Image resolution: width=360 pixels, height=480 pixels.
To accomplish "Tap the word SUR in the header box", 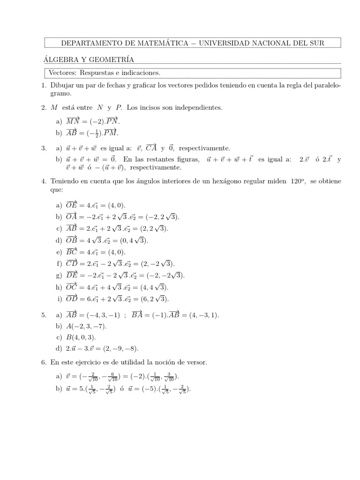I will point(315,43).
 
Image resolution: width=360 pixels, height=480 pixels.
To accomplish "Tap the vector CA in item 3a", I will point(151,148).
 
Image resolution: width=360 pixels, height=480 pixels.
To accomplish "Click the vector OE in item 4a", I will point(73,205).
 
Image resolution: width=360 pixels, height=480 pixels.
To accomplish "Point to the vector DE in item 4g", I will point(72,275).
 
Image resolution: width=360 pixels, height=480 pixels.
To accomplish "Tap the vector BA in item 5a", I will point(138,315).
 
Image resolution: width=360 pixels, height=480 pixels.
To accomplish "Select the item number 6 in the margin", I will point(43,362).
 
